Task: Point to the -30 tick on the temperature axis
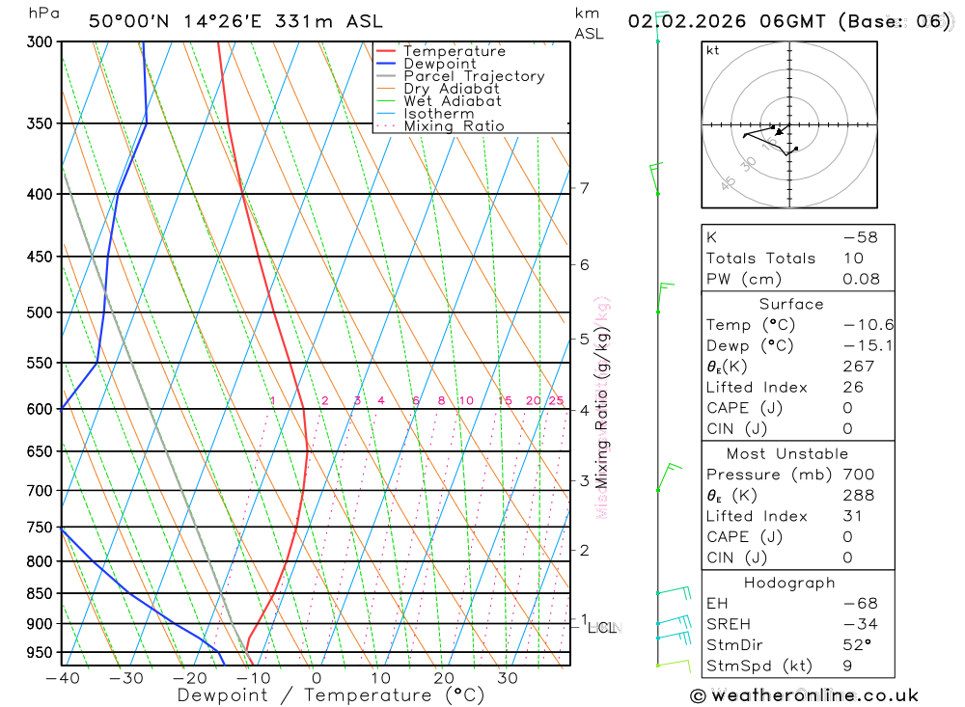(126, 678)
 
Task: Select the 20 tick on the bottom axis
(443, 678)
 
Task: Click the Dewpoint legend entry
(439, 64)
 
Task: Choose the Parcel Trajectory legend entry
(473, 76)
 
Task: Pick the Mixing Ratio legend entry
(454, 126)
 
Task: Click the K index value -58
(860, 237)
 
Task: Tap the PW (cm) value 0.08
(860, 279)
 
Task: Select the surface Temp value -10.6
(855, 325)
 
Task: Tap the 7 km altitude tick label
(584, 188)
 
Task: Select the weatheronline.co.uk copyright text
(804, 695)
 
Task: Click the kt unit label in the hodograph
(712, 51)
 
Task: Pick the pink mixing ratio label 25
(556, 401)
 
